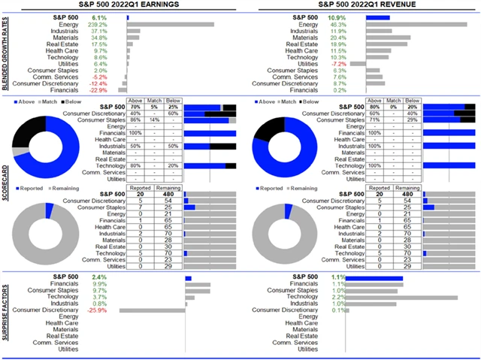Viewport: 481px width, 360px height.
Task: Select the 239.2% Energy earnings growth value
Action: (98, 24)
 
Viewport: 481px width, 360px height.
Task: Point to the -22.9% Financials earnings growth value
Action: (98, 90)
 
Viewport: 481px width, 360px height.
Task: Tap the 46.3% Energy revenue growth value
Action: (340, 24)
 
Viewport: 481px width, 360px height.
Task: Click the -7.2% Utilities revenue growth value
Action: (340, 64)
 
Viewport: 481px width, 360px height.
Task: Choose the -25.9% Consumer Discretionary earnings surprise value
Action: (98, 310)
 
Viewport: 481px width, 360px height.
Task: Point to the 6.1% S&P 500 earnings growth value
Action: (99, 17)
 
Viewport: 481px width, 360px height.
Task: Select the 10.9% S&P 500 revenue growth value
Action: (339, 17)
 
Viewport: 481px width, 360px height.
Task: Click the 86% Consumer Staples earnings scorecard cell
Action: (136, 119)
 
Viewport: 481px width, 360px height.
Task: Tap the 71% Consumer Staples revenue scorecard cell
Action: (375, 119)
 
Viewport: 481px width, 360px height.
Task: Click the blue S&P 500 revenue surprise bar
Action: (376, 278)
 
